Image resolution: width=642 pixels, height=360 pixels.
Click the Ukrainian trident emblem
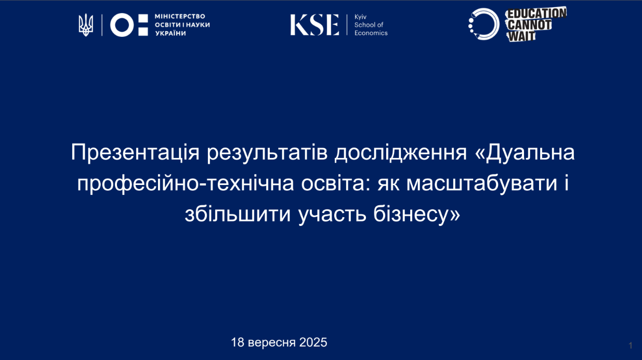86,25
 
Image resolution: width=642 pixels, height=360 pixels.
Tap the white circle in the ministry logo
122,25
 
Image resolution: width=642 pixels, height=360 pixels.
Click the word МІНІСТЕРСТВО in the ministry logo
180,16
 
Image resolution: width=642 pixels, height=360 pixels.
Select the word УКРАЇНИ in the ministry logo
171,33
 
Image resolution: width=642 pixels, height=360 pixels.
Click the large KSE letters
315,25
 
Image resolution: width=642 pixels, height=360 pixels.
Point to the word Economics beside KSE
371,33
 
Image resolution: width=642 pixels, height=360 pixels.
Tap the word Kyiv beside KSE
360,17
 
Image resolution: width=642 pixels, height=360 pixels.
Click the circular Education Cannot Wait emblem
484,24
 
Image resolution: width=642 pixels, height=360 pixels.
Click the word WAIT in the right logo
521,36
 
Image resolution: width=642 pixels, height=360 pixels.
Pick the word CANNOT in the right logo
529,25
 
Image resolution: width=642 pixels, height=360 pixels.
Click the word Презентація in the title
135,152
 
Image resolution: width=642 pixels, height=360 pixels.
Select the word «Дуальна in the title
525,152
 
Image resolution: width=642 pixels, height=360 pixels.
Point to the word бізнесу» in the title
417,215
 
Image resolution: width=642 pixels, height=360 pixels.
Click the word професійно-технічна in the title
186,184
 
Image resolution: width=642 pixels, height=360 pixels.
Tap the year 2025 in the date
313,342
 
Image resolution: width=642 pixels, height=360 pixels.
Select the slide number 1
631,345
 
